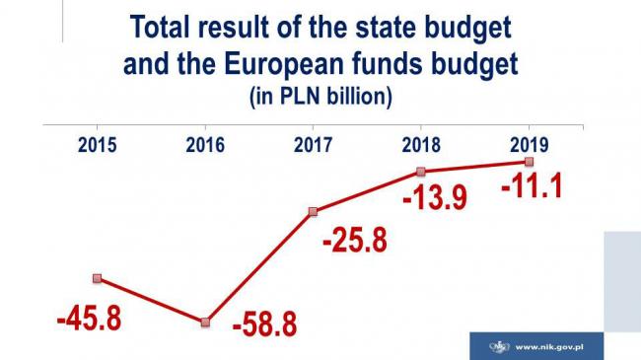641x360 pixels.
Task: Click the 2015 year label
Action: [x=97, y=145]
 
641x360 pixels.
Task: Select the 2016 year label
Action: [x=205, y=145]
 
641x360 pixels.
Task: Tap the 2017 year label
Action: [x=313, y=145]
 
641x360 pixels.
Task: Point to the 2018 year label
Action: [x=421, y=145]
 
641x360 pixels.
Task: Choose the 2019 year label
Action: [x=529, y=145]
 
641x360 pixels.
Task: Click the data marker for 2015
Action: [x=97, y=279]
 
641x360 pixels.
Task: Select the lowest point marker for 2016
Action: [x=205, y=323]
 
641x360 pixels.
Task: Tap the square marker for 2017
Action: [x=313, y=211]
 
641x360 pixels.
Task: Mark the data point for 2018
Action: [x=421, y=172]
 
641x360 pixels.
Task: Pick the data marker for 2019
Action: [x=530, y=162]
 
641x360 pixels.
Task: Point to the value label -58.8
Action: [x=264, y=324]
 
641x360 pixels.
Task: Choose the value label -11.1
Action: [x=531, y=185]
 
